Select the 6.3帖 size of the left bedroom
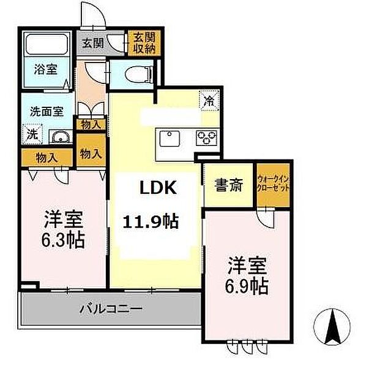pyautogui.click(x=64, y=237)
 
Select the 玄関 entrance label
pyautogui.click(x=94, y=44)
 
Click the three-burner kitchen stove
pyautogui.click(x=206, y=137)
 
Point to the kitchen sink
pyautogui.click(x=169, y=137)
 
